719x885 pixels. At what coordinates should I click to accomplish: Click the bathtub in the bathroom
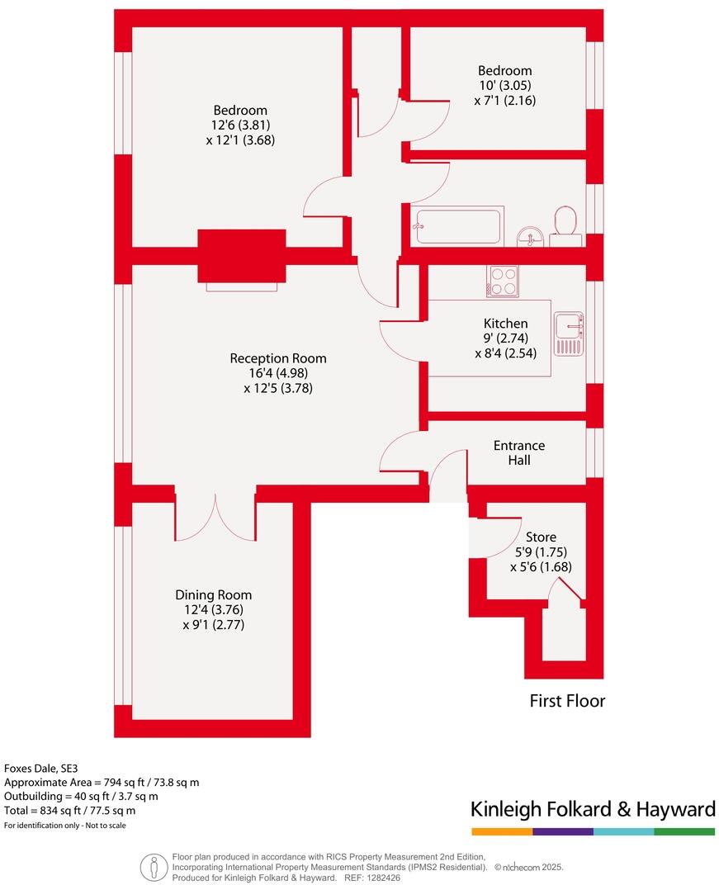[x=460, y=225]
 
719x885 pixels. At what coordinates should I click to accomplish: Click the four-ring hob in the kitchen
[x=503, y=282]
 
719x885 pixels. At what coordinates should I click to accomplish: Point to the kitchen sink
[x=569, y=334]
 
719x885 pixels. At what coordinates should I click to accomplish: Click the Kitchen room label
[x=505, y=324]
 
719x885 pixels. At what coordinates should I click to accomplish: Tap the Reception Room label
[x=278, y=358]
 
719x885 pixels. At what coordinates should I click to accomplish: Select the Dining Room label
[x=213, y=594]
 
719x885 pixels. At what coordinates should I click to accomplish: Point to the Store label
[x=541, y=537]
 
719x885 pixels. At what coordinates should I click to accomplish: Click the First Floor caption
[x=567, y=701]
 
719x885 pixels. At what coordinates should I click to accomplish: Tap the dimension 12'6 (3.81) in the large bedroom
[x=240, y=125]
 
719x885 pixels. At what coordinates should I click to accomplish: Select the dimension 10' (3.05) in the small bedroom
[x=504, y=86]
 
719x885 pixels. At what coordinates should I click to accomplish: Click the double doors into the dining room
[x=215, y=518]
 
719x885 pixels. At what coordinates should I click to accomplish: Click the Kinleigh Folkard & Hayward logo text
[x=593, y=809]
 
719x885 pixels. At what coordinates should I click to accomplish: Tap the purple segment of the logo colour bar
[x=563, y=831]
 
